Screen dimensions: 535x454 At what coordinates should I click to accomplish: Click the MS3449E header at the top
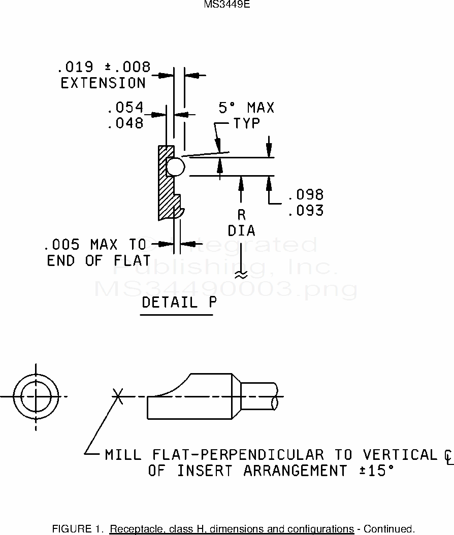click(227, 5)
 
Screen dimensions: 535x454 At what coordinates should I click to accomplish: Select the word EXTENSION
click(103, 83)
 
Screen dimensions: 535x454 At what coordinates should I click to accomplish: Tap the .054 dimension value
click(125, 108)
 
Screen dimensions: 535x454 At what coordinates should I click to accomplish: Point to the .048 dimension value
click(125, 123)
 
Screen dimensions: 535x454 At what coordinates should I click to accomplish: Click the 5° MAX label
click(246, 108)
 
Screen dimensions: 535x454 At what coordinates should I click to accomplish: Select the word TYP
click(247, 123)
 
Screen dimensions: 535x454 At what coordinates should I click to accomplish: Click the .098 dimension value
click(305, 195)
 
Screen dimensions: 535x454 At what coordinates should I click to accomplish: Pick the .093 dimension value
click(305, 210)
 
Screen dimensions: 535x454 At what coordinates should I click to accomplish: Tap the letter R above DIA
click(241, 215)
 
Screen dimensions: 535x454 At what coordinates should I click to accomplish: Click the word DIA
click(241, 231)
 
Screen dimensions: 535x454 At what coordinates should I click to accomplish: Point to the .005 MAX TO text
click(95, 245)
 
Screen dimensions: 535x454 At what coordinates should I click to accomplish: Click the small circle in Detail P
click(175, 166)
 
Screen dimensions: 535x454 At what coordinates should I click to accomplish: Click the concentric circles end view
click(36, 396)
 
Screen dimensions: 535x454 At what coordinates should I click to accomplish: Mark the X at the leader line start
click(118, 395)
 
